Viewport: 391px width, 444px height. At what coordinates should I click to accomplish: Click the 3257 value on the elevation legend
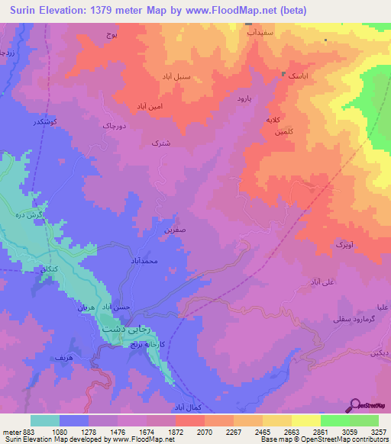click(x=378, y=432)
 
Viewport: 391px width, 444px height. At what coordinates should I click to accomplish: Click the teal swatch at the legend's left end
click(x=45, y=420)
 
